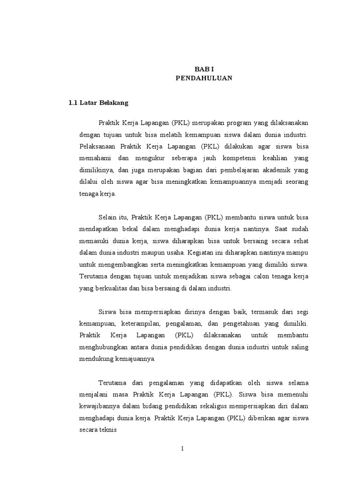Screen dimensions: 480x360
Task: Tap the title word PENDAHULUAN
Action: pyautogui.click(x=204, y=78)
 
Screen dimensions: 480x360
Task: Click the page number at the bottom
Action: pyautogui.click(x=183, y=449)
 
